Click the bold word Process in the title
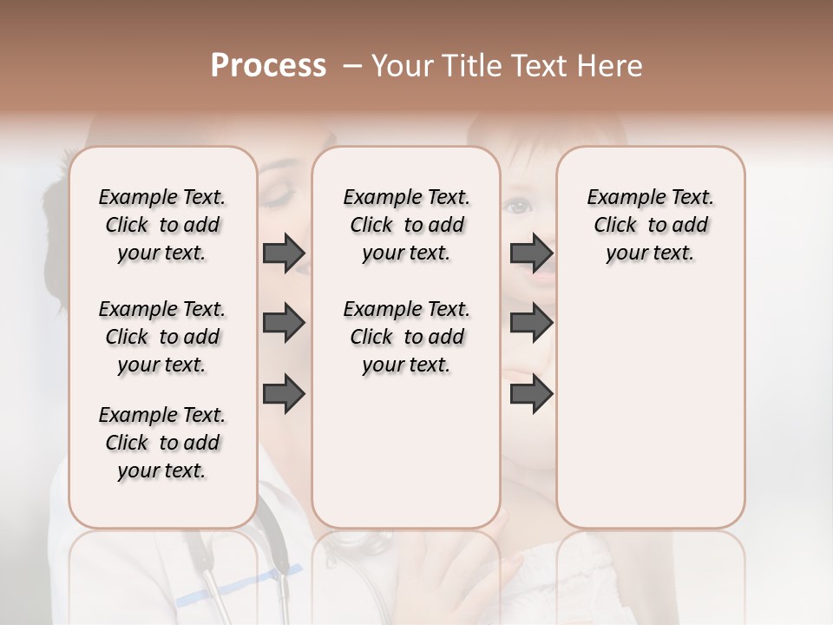tap(268, 66)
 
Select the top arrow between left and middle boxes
tap(283, 253)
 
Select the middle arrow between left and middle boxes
tap(283, 324)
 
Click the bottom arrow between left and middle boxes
tap(283, 395)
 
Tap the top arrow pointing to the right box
tap(531, 253)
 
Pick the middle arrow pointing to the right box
tap(531, 324)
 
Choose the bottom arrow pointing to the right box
tap(531, 395)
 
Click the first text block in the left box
tap(162, 225)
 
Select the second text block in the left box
tap(162, 337)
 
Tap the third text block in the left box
tap(162, 443)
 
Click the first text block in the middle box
tap(406, 225)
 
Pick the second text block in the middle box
tap(406, 337)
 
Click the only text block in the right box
tap(650, 225)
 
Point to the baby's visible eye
tap(519, 206)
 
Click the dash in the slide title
tap(351, 66)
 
